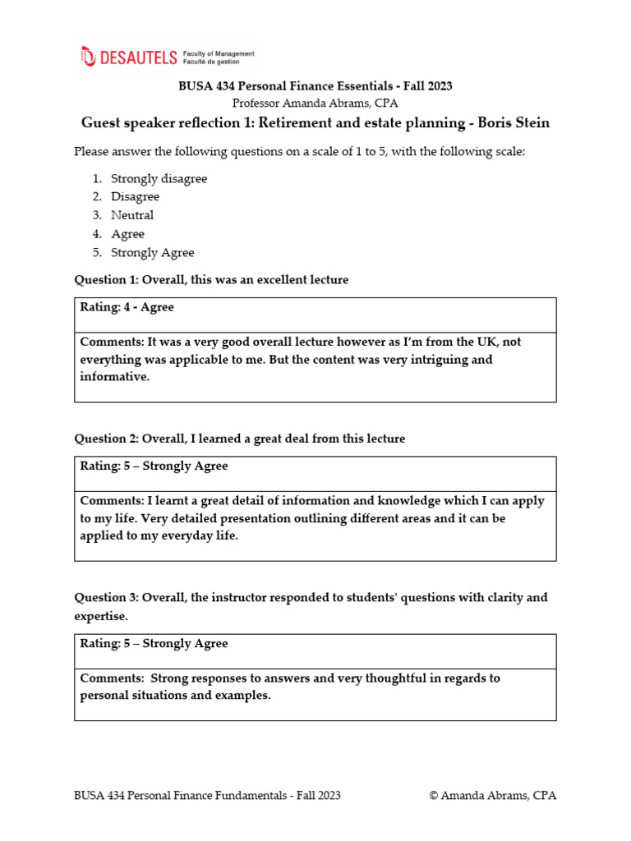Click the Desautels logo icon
pyautogui.click(x=88, y=56)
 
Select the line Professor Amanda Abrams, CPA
pyautogui.click(x=315, y=103)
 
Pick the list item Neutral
pyautogui.click(x=132, y=215)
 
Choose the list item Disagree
pyautogui.click(x=136, y=197)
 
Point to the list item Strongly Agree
pyautogui.click(x=153, y=253)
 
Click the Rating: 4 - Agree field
pyautogui.click(x=127, y=307)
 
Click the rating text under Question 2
pyautogui.click(x=154, y=466)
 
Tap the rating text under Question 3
pyautogui.click(x=154, y=643)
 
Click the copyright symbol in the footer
pyautogui.click(x=434, y=795)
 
